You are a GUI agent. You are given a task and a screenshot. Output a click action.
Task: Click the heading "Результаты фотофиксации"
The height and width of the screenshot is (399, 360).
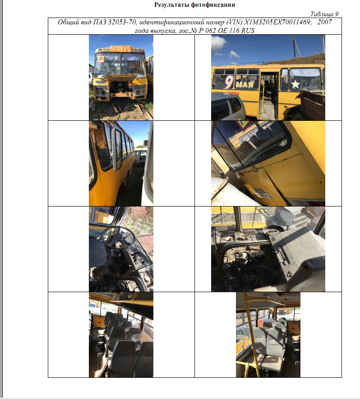(x=194, y=5)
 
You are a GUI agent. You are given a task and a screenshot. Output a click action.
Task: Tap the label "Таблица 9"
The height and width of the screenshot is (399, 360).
(x=324, y=14)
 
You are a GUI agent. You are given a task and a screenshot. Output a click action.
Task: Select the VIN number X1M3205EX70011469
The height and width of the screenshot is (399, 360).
(x=277, y=22)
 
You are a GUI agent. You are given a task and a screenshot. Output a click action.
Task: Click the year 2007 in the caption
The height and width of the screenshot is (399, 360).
(x=324, y=22)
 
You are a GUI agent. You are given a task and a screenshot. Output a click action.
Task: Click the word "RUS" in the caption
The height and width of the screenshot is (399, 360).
(x=248, y=31)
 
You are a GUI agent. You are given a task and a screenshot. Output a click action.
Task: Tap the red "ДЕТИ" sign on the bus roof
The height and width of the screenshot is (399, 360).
(x=121, y=49)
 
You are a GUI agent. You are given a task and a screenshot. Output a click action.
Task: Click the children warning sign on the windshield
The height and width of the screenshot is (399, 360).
(x=101, y=59)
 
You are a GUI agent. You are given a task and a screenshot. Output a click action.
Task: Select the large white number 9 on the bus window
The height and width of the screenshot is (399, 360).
(x=229, y=82)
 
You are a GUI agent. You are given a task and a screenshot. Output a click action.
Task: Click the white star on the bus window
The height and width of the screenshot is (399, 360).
(x=295, y=84)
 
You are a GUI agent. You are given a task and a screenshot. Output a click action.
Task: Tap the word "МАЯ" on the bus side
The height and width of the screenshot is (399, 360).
(x=245, y=84)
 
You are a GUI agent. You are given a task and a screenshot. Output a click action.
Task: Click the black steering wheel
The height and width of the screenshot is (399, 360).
(x=117, y=238)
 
